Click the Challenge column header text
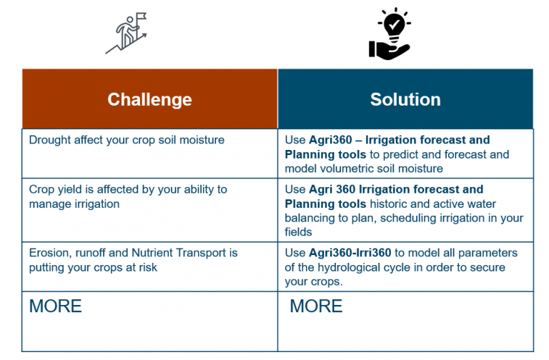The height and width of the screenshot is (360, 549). point(149,100)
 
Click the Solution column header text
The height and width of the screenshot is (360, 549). point(405,100)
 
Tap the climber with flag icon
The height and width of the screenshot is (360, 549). point(127,34)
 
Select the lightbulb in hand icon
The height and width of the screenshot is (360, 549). point(390,34)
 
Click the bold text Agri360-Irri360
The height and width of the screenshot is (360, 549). point(350,253)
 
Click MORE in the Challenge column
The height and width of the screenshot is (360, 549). point(55,306)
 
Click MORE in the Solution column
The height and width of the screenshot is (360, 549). point(316,306)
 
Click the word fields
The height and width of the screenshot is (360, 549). point(298,232)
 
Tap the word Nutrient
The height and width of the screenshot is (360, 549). point(153,253)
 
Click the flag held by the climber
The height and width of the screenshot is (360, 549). point(141,16)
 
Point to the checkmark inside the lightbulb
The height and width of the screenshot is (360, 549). point(395,24)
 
